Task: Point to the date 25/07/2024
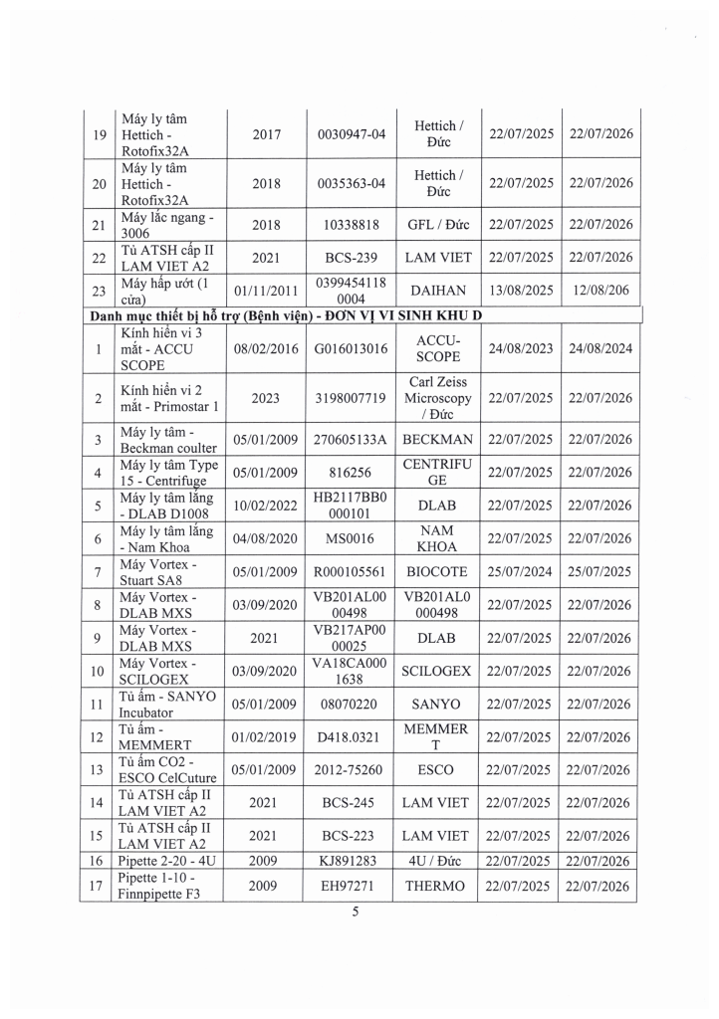[521, 572]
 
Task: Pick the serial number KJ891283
[348, 860]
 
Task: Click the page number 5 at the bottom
[354, 920]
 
